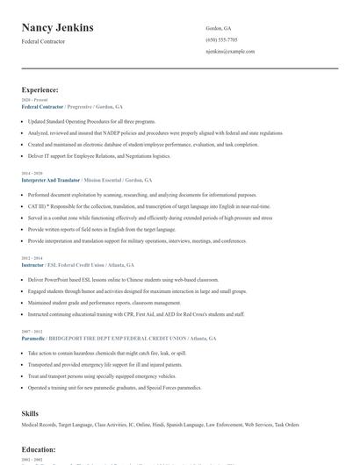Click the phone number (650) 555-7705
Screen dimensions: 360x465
coord(221,39)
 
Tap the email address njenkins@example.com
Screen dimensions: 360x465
coord(230,51)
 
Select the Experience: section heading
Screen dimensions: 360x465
coord(40,89)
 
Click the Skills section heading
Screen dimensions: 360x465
coord(31,411)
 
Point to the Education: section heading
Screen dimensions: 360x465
coord(39,449)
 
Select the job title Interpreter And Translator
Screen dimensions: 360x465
coord(53,179)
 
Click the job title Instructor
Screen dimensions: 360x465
coord(33,264)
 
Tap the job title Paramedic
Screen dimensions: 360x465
coord(34,338)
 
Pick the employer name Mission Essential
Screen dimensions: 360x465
coord(111,179)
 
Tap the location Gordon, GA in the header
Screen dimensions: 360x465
coord(220,28)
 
